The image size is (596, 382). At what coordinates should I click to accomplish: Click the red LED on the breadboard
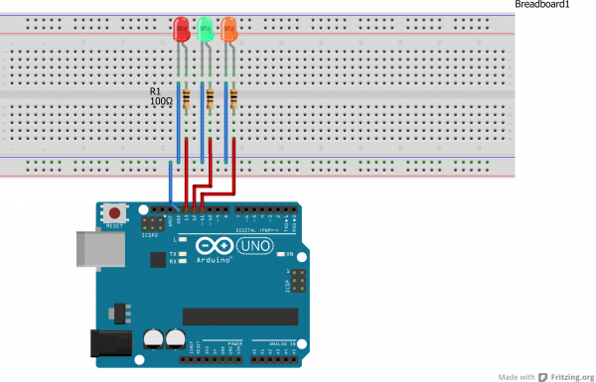[x=182, y=30]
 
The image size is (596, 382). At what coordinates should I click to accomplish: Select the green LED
[x=206, y=30]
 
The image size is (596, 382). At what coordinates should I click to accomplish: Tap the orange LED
[x=229, y=30]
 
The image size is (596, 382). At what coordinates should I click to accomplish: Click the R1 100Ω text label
[x=162, y=96]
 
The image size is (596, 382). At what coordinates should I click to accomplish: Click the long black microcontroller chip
[x=240, y=317]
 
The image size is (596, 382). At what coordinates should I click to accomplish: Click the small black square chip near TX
[x=156, y=261]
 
